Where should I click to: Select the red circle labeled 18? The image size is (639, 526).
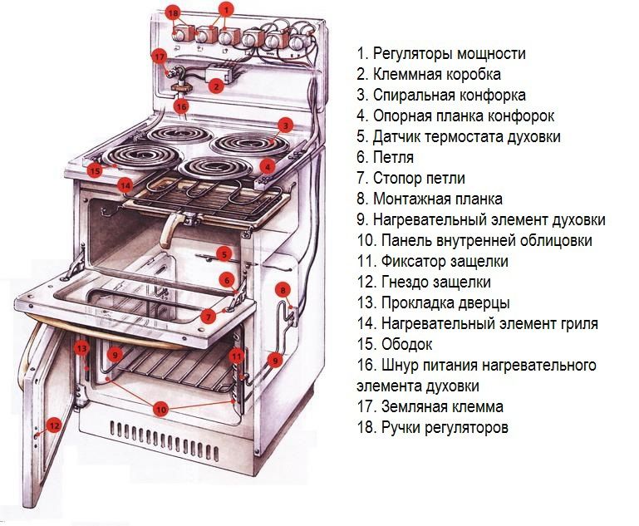[x=172, y=14]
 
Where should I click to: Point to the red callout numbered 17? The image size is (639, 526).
[x=160, y=56]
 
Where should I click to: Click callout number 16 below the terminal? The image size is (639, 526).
[x=181, y=106]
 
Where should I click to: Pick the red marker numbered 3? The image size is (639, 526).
[x=284, y=125]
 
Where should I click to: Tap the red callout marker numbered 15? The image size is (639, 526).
[x=95, y=170]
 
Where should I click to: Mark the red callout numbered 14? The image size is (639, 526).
[x=125, y=184]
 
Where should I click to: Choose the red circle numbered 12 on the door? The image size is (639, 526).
[x=53, y=425]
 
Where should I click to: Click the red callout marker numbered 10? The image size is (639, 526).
[x=161, y=409]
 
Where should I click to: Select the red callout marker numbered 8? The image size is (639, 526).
[x=283, y=290]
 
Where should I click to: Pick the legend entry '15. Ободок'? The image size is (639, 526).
[x=395, y=344]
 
